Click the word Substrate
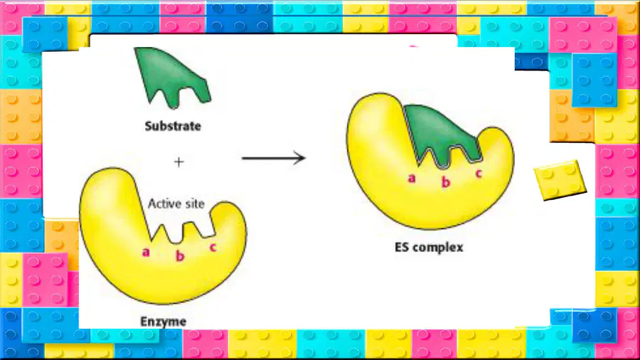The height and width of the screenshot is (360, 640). point(173,126)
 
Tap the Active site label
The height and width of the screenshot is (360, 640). point(176,203)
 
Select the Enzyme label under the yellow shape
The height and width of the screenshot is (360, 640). point(164,322)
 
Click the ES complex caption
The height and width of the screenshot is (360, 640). point(429,248)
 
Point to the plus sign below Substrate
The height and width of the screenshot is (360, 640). point(178,162)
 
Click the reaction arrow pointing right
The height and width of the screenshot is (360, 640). point(274,158)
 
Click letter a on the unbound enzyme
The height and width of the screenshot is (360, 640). point(146,253)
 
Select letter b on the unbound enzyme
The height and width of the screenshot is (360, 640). point(180,255)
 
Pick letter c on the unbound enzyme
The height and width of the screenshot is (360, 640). point(213,247)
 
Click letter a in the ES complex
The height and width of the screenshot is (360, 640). point(412,178)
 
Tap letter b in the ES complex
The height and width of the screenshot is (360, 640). point(446,181)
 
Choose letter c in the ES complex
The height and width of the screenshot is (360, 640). point(479,173)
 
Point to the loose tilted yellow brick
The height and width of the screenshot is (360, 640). point(560,179)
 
